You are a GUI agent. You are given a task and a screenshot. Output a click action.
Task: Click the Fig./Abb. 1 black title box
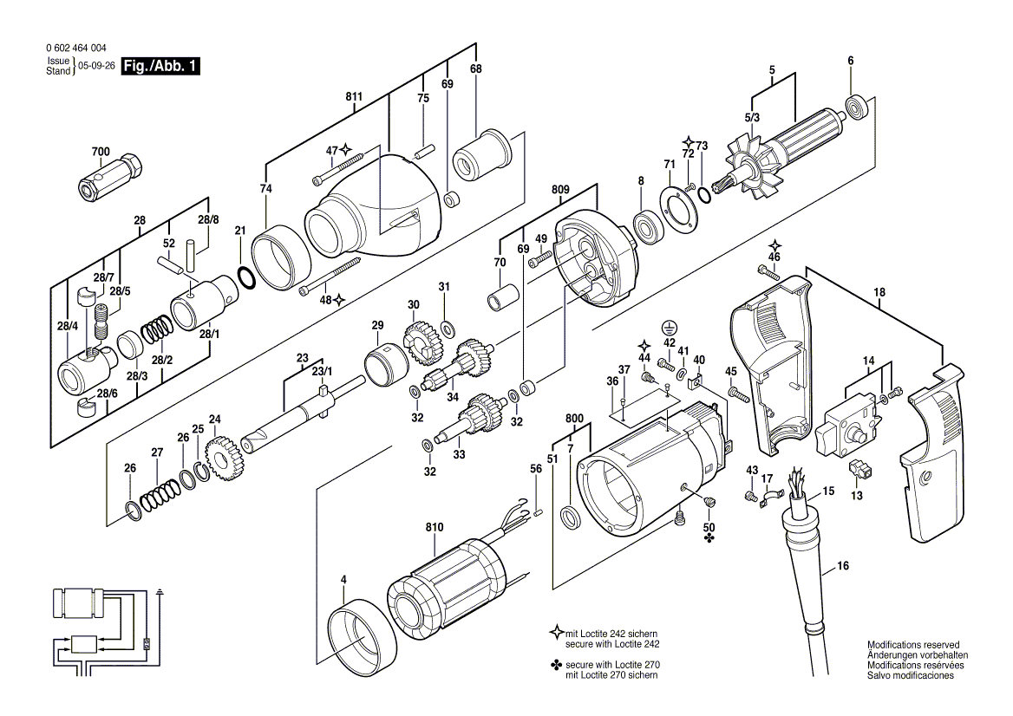[160, 67]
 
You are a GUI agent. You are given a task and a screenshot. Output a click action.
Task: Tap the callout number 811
[354, 97]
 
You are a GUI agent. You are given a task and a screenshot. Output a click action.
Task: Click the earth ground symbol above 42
[668, 328]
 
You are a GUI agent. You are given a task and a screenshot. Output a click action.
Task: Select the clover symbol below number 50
[709, 538]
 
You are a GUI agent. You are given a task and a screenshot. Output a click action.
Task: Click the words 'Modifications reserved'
[913, 646]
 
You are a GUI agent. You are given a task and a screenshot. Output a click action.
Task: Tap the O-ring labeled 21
[245, 277]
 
